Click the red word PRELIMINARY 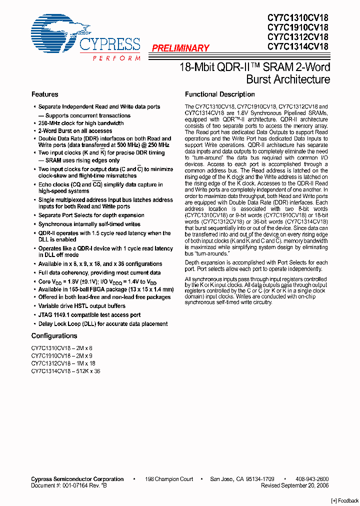(x=180, y=48)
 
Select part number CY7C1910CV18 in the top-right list (x=297, y=27)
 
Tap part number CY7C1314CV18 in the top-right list (x=297, y=46)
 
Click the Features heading (x=44, y=94)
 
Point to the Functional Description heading (x=219, y=94)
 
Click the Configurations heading (x=54, y=336)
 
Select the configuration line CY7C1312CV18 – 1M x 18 (x=63, y=363)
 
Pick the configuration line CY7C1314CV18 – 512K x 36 (x=65, y=371)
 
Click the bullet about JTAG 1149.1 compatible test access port (x=89, y=315)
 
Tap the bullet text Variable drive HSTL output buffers (x=82, y=306)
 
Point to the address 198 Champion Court (x=169, y=479)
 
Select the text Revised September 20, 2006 (x=294, y=485)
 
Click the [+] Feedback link (x=345, y=500)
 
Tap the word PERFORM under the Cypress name (x=116, y=58)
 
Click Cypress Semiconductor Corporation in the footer (x=77, y=479)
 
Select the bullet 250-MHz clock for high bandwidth (x=81, y=123)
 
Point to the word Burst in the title (x=260, y=79)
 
